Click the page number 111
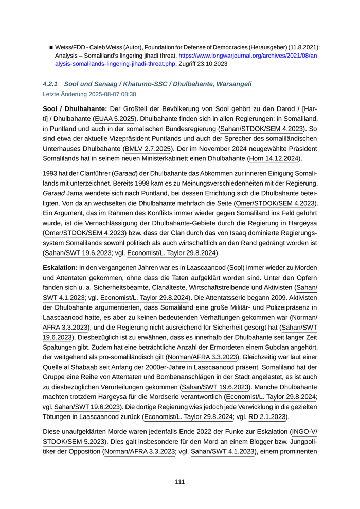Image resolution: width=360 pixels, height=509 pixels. pyautogui.click(x=179, y=482)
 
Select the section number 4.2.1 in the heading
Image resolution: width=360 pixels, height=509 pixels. pyautogui.click(x=52, y=83)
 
